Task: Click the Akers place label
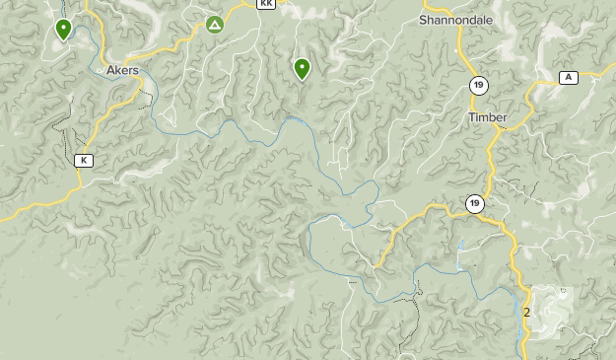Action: (x=122, y=70)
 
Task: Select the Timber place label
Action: (x=487, y=117)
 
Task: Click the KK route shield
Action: (x=265, y=4)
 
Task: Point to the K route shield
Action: (x=84, y=161)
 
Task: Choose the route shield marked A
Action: (x=568, y=78)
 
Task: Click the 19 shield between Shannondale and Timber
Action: (x=477, y=85)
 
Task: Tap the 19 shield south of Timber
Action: (x=475, y=204)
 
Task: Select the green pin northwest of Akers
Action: (x=64, y=30)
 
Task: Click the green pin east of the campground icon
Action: (x=302, y=68)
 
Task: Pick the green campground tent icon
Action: (x=215, y=25)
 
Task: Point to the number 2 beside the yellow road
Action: (x=527, y=313)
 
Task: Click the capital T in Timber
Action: (x=470, y=117)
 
